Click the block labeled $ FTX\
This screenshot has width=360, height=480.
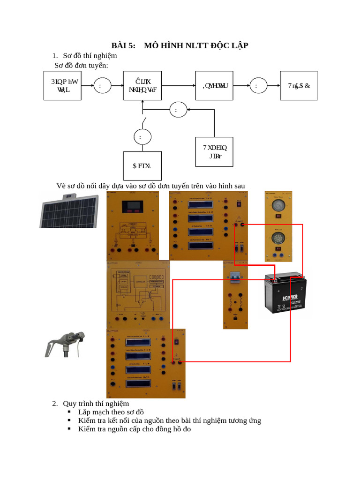point(142,165)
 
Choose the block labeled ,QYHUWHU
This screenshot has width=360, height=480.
point(215,86)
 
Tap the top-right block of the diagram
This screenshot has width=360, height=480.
point(299,86)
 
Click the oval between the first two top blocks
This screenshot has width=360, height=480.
point(103,86)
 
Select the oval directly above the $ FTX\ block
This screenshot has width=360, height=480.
point(142,137)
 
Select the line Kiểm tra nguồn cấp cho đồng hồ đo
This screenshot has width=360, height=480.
point(135,428)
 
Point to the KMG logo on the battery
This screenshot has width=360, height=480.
point(289,299)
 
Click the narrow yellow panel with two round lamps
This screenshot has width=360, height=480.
point(278,225)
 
